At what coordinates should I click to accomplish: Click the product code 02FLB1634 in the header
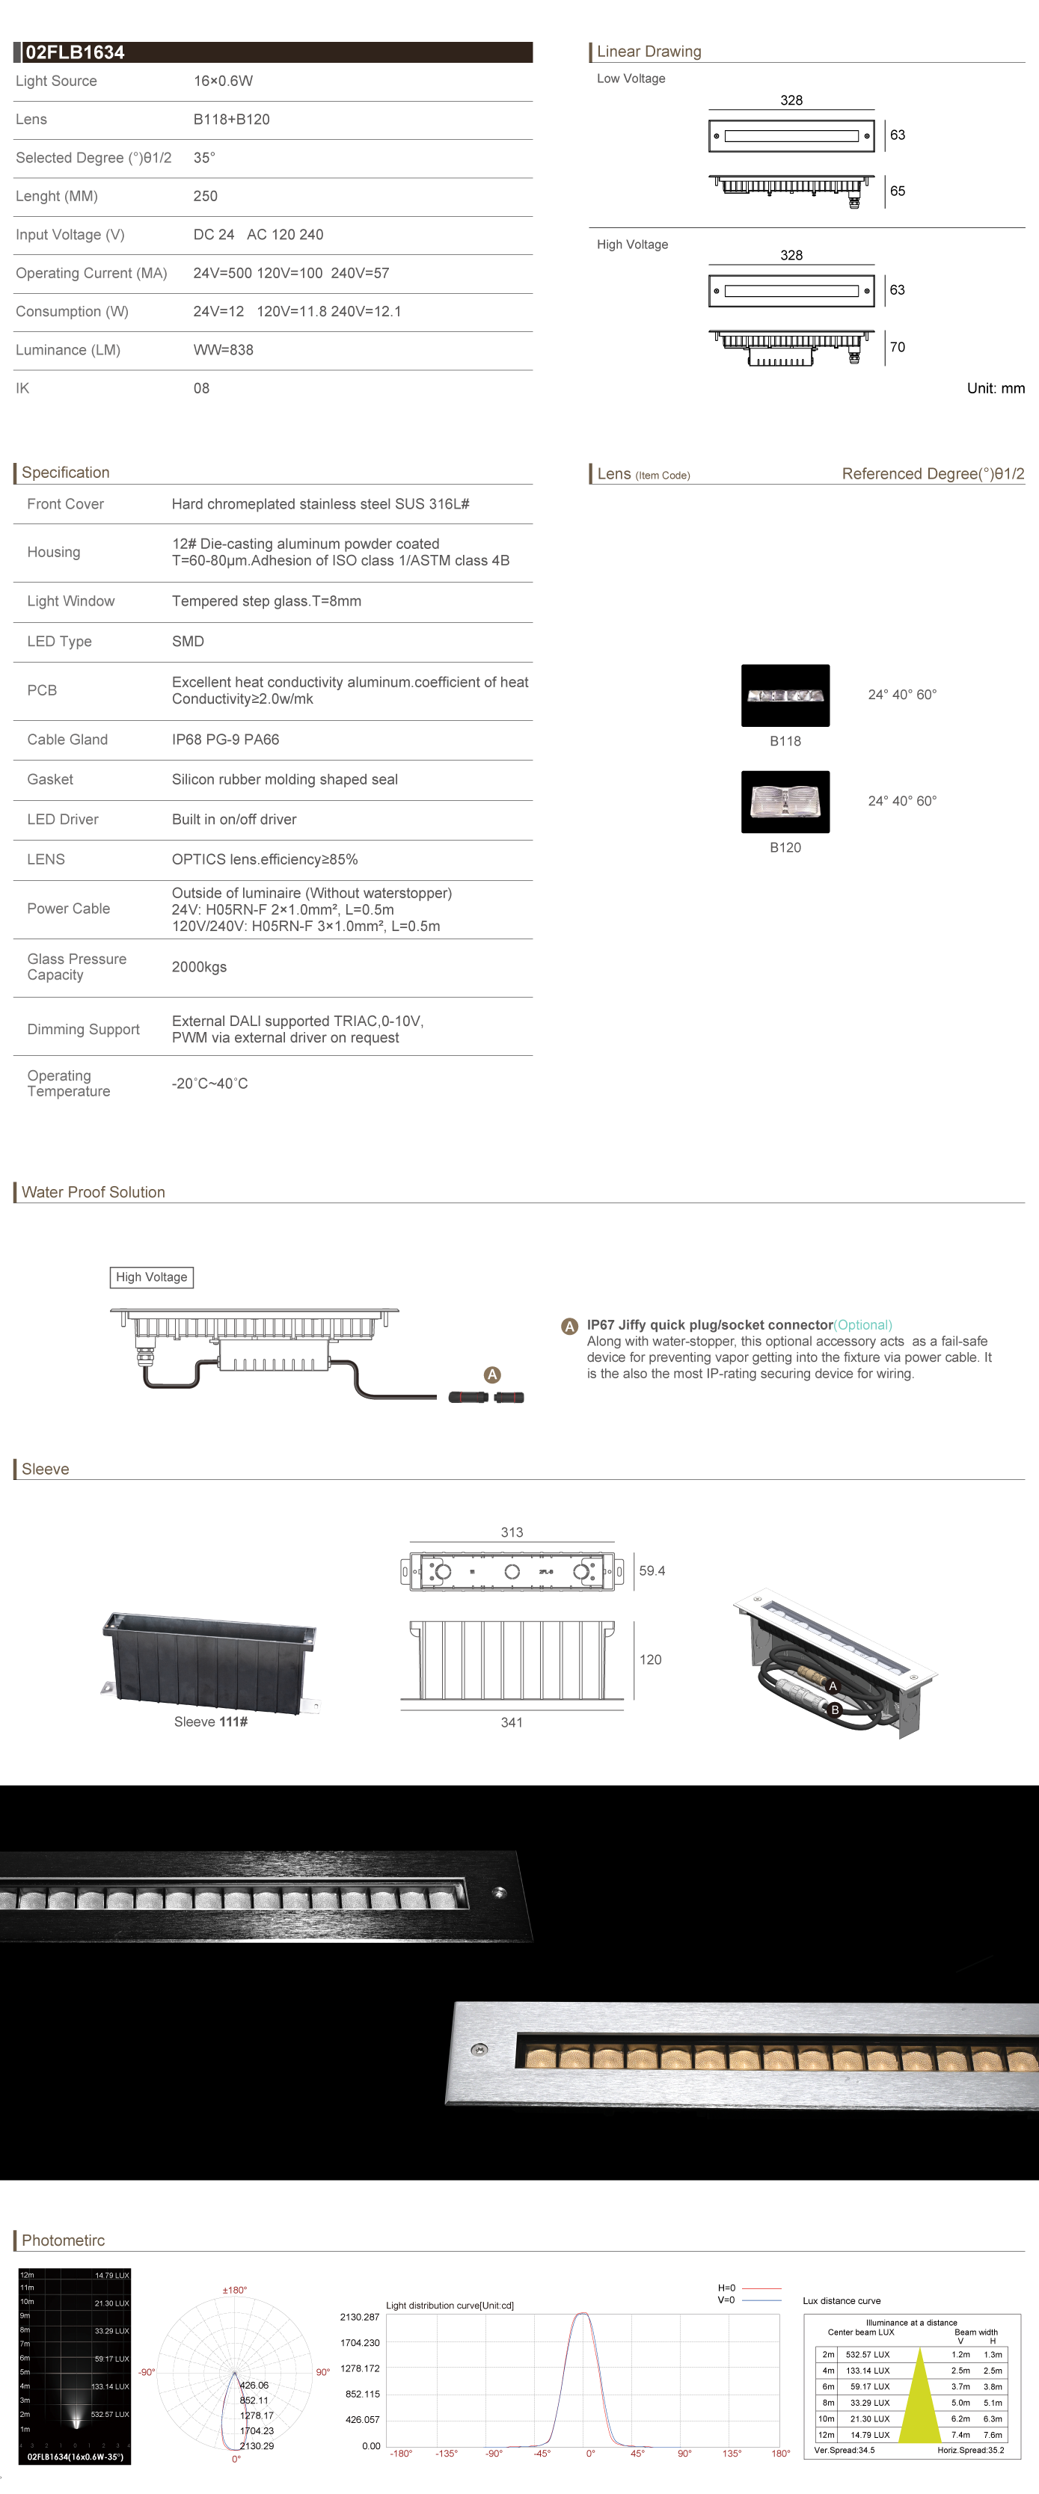click(75, 52)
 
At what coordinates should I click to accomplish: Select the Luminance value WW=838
click(223, 349)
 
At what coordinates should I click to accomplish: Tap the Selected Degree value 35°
click(203, 158)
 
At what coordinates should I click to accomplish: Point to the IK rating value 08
click(200, 388)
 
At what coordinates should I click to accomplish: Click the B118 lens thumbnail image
click(785, 695)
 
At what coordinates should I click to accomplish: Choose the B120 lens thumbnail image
click(785, 802)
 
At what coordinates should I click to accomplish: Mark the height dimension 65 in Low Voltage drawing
click(897, 191)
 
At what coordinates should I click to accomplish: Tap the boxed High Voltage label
click(151, 1277)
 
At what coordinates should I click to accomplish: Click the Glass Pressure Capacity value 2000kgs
click(198, 966)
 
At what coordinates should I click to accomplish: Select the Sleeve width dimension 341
click(511, 1722)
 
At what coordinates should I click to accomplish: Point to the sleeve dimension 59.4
click(652, 1570)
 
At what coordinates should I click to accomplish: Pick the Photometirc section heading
click(63, 2240)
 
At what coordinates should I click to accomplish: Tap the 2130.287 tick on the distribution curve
click(359, 2317)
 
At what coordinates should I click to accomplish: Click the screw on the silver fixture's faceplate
click(478, 2050)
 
